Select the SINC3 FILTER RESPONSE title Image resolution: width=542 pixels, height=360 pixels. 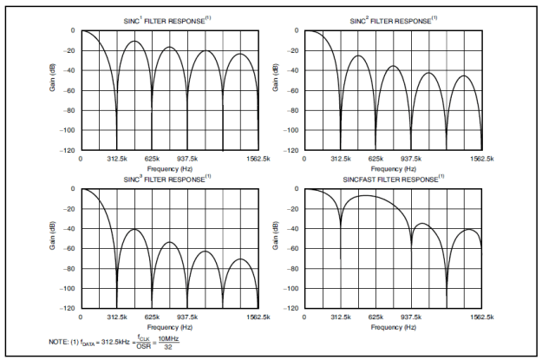point(169,179)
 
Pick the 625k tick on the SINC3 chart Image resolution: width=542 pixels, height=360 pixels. point(153,318)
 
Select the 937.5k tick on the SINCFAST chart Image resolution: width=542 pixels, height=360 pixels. point(411,318)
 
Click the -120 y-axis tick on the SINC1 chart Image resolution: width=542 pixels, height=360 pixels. point(66,151)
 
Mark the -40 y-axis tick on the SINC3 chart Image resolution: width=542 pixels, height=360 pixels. point(68,229)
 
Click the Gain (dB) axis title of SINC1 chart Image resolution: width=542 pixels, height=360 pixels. point(53,90)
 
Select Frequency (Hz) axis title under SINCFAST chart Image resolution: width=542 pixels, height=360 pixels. point(393,328)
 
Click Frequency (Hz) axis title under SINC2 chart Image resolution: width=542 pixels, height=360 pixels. point(393,168)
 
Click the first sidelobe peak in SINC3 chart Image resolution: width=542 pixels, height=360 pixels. point(134,230)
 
